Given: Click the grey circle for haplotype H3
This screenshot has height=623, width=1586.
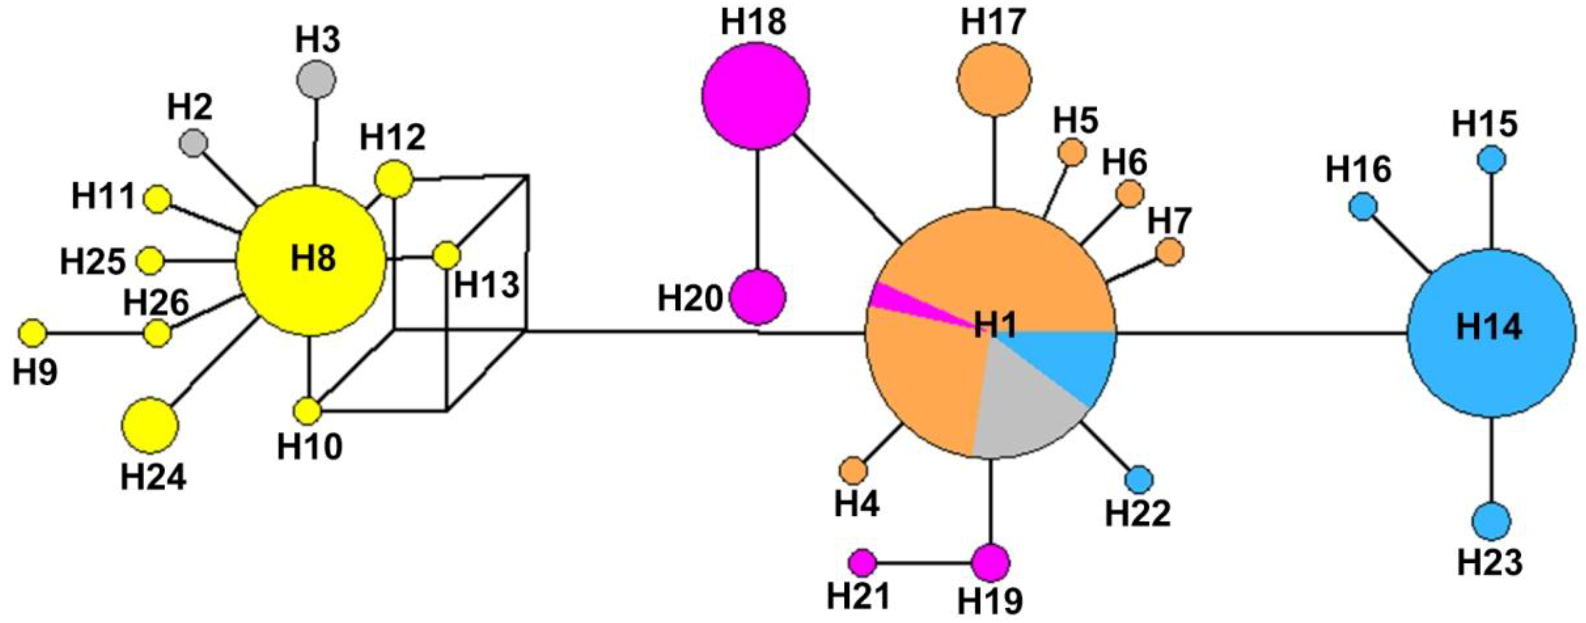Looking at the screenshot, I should tap(316, 80).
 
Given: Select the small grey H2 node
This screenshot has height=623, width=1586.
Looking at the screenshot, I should tap(193, 143).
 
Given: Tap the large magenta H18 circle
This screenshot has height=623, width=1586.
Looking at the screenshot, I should tap(755, 96).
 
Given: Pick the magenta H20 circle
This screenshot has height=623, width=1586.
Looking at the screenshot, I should tap(757, 297).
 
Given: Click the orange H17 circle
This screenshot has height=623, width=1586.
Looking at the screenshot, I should tap(993, 79).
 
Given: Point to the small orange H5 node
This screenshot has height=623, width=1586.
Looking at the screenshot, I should tap(1072, 152).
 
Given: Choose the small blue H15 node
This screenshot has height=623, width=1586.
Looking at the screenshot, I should tap(1492, 160).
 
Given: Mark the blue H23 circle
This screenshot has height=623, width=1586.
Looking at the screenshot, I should tap(1492, 521).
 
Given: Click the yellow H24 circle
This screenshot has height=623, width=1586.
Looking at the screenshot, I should tap(150, 425).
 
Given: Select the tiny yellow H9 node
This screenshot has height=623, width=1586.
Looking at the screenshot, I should tap(32, 333).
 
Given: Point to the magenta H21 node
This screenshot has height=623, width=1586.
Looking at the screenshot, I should tap(862, 562).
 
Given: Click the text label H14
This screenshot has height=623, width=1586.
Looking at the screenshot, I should tap(1489, 327).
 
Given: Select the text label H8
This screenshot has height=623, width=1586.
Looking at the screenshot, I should tap(313, 258).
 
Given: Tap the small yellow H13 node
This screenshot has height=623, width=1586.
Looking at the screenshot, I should tap(446, 255).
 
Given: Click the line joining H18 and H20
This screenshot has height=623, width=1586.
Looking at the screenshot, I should tap(757, 210).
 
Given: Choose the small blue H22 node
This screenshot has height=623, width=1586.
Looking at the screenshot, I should tap(1139, 479).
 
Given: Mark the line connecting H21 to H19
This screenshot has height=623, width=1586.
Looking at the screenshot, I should tap(923, 563).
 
